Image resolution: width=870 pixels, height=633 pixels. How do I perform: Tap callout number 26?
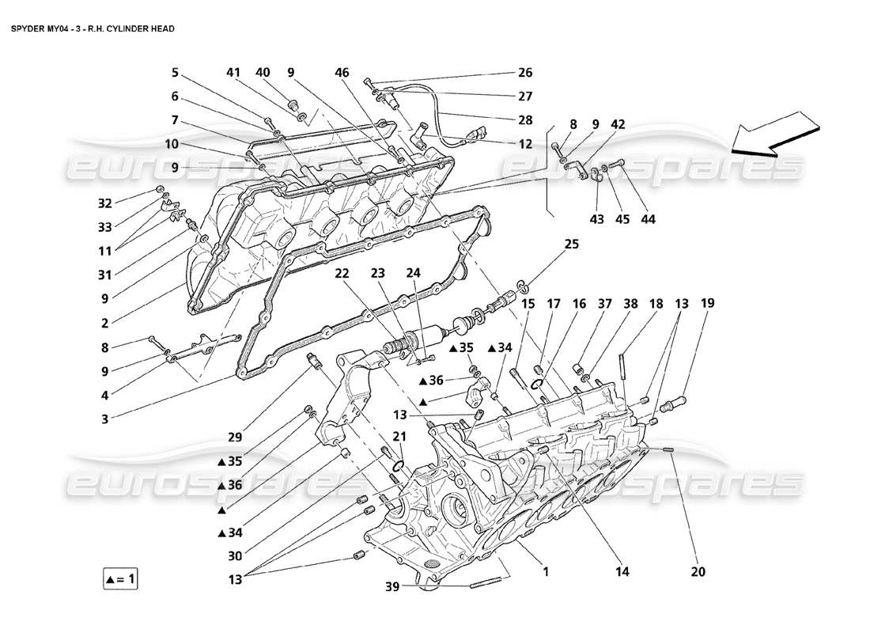525,73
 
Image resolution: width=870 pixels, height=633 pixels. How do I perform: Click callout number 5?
174,73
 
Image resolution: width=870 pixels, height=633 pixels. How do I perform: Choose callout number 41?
233,73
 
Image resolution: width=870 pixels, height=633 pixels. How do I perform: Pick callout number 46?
342,73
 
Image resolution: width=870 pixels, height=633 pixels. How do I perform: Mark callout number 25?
571,245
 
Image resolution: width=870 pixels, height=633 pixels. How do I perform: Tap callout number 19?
707,302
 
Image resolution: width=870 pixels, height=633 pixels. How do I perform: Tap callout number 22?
342,273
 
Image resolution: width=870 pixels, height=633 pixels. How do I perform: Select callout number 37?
605,302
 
